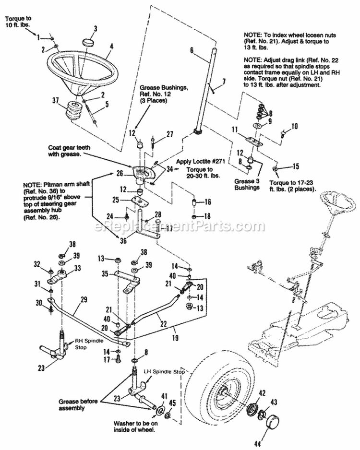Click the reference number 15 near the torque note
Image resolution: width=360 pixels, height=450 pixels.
tap(295, 166)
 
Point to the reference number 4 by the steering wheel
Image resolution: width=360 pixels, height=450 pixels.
tap(111, 47)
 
